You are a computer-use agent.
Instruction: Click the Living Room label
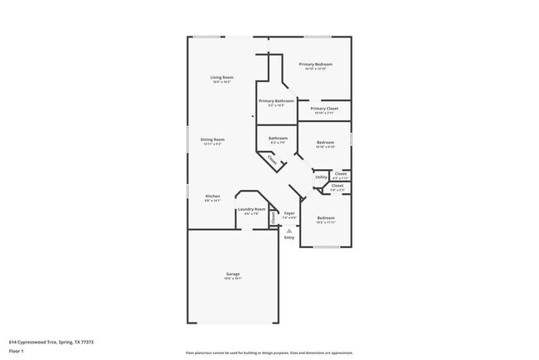pyautogui.click(x=221, y=77)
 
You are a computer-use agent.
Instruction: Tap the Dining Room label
pyautogui.click(x=214, y=139)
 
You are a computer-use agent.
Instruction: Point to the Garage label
pyautogui.click(x=234, y=274)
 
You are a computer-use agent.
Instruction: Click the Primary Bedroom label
pyautogui.click(x=316, y=64)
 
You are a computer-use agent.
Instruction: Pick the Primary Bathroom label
pyautogui.click(x=276, y=100)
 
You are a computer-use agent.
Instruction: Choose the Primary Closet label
pyautogui.click(x=324, y=109)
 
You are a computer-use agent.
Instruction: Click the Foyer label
pyautogui.click(x=289, y=213)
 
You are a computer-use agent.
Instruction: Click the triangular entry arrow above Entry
pyautogui.click(x=289, y=231)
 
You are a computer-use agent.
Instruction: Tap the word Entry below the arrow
pyautogui.click(x=289, y=238)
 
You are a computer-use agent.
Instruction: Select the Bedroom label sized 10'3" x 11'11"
pyautogui.click(x=325, y=217)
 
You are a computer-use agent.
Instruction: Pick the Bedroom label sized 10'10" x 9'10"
pyautogui.click(x=325, y=143)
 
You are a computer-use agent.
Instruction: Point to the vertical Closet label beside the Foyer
pyautogui.click(x=273, y=217)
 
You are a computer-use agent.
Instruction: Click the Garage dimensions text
pyautogui.click(x=234, y=279)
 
